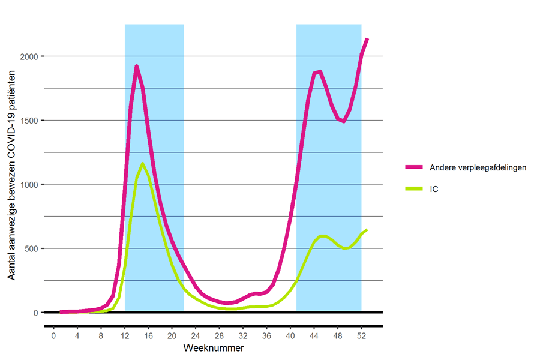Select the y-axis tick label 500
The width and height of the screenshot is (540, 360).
point(32,248)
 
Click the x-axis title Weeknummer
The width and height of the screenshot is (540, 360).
point(214,348)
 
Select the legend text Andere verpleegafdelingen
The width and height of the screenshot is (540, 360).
point(478,167)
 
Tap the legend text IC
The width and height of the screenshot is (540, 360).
point(435,189)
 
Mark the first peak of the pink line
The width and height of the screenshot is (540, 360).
point(137,67)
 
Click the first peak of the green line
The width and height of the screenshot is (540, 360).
point(142,163)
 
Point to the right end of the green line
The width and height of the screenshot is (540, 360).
point(367,230)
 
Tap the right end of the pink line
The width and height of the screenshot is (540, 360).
point(367,39)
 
